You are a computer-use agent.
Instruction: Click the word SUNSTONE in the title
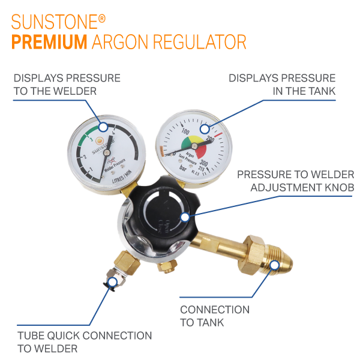(x=54, y=23)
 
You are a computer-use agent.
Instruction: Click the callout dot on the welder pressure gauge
(x=103, y=127)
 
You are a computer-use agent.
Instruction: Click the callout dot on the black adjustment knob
(x=185, y=217)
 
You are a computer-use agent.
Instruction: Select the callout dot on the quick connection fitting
(x=112, y=282)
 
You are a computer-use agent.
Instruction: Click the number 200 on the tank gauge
(x=210, y=140)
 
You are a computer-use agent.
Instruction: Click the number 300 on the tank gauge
(x=204, y=163)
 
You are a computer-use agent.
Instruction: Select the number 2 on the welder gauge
(x=86, y=157)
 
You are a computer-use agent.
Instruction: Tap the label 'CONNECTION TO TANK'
(x=215, y=316)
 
